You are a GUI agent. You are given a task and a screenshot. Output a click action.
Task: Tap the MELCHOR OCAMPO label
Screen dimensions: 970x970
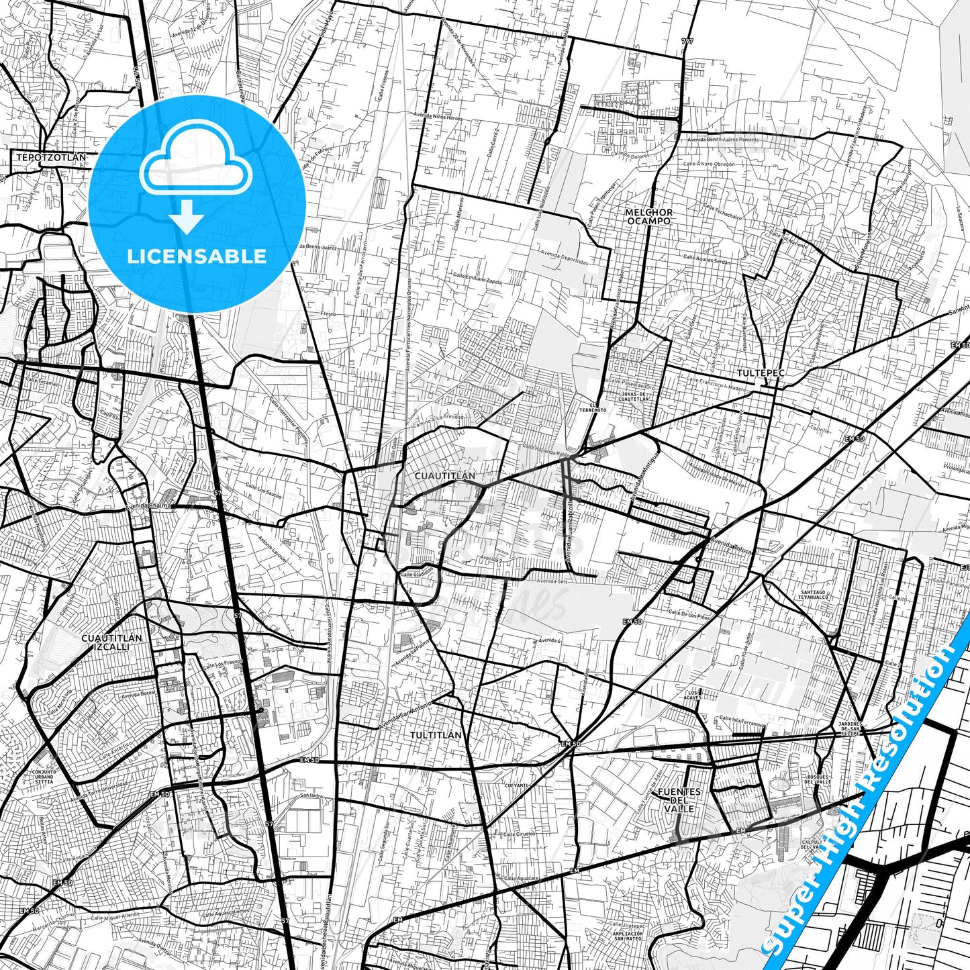click(x=648, y=216)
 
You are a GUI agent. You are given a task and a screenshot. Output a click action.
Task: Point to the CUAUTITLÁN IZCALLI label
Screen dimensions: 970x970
click(x=111, y=642)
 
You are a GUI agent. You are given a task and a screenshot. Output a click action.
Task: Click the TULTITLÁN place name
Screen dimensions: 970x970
click(x=436, y=735)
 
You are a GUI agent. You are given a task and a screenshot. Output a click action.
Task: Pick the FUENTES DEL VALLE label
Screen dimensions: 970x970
click(x=679, y=800)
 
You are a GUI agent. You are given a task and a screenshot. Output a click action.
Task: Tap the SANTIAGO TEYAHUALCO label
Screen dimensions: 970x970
click(x=814, y=595)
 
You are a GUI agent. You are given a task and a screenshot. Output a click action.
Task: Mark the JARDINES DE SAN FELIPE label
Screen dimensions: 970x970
click(x=851, y=729)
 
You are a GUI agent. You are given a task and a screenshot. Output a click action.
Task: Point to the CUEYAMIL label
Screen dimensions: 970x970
click(x=517, y=785)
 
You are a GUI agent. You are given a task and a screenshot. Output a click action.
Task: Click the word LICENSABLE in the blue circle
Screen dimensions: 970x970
click(x=197, y=256)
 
